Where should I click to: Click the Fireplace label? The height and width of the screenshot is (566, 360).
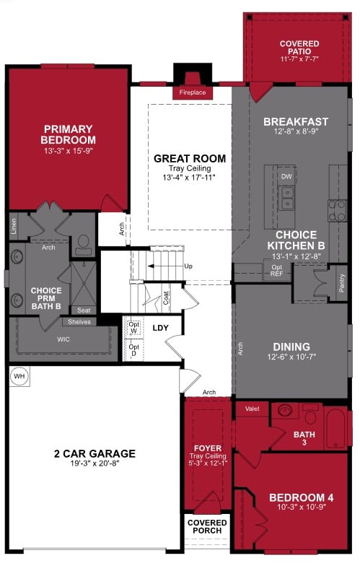point(192,93)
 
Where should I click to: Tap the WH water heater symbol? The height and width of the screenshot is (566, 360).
point(19,376)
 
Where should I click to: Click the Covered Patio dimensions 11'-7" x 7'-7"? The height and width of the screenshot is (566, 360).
point(299,58)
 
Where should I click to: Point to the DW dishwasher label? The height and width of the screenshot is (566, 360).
point(286,175)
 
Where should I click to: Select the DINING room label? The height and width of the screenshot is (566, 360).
point(291,347)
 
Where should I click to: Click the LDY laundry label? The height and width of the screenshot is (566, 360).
point(161,327)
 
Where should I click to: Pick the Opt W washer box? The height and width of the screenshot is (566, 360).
point(133,328)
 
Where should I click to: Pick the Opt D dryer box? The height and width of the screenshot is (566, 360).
point(133,350)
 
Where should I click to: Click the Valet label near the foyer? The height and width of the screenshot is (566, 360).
point(252,409)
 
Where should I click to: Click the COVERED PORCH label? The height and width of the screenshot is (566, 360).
point(207,526)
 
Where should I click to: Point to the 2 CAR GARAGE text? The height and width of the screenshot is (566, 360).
point(95,453)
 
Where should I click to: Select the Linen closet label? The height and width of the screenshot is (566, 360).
point(14,228)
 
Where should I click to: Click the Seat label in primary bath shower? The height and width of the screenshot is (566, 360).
point(84,310)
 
